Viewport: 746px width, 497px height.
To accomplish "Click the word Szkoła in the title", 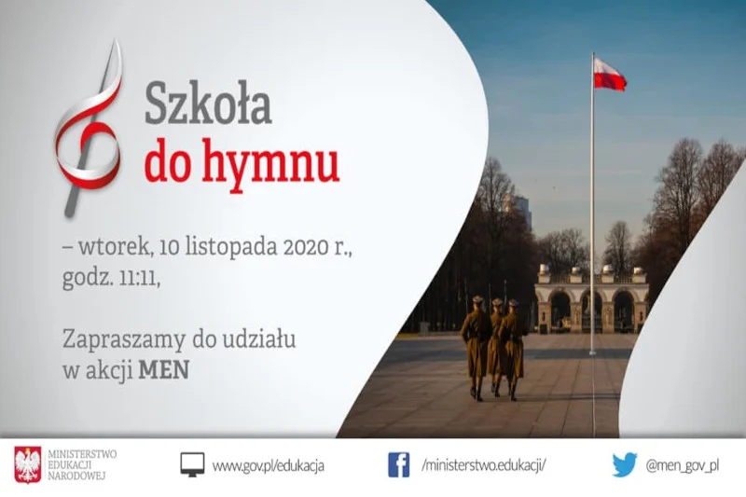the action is pyautogui.click(x=208, y=104).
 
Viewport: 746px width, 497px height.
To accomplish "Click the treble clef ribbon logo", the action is pyautogui.click(x=88, y=129).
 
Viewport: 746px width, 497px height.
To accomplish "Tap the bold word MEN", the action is pyautogui.click(x=164, y=369).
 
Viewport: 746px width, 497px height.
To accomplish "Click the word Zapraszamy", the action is pyautogui.click(x=124, y=340).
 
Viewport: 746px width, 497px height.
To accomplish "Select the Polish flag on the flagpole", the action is pyautogui.click(x=609, y=75).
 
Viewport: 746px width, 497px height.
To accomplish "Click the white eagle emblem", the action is pyautogui.click(x=28, y=464).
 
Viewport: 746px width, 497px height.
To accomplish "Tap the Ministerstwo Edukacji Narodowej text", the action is pyautogui.click(x=82, y=464).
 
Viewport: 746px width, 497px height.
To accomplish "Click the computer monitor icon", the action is pyautogui.click(x=192, y=464).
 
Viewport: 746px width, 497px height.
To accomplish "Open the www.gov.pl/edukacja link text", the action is pyautogui.click(x=269, y=465).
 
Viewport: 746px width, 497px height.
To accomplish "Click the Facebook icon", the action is pyautogui.click(x=399, y=464).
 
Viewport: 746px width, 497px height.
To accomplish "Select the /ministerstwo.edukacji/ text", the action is pyautogui.click(x=484, y=464).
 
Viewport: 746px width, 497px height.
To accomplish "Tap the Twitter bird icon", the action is pyautogui.click(x=625, y=464).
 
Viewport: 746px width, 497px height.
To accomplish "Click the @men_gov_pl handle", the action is pyautogui.click(x=683, y=465).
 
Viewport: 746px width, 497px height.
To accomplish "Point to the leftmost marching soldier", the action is pyautogui.click(x=477, y=348).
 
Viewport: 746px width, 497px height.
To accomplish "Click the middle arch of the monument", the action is pyautogui.click(x=591, y=311).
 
